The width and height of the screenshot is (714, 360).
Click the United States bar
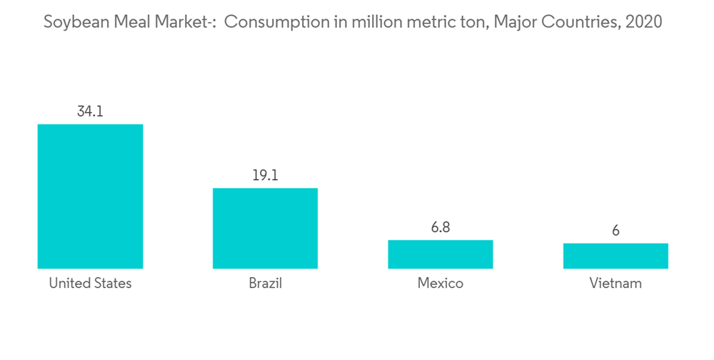pos(90,196)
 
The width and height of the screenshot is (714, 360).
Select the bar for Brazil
pos(265,229)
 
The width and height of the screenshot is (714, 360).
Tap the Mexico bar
pos(440,254)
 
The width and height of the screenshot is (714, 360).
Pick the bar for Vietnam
pos(615,256)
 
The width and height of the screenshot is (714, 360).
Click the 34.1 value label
pos(90,111)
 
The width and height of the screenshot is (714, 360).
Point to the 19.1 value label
pos(265,175)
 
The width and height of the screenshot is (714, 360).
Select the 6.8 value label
pos(440,227)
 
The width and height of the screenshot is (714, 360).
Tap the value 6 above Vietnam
pos(615,230)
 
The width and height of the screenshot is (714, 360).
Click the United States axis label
pos(90,284)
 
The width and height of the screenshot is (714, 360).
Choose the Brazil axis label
pos(265,284)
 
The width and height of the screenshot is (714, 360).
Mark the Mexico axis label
pos(440,284)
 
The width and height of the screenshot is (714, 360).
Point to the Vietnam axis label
pos(615,284)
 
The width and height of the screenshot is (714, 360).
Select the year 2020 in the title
pos(643,22)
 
